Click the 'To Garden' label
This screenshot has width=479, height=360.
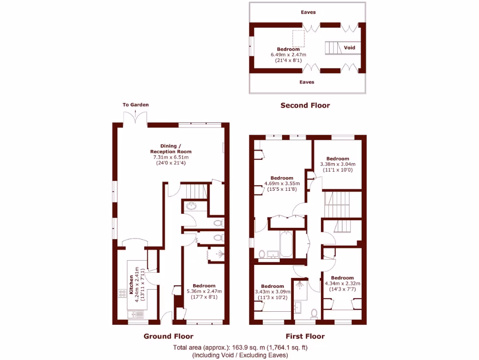click(136, 105)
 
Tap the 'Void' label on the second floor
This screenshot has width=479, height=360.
click(349, 48)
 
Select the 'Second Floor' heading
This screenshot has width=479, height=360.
click(305, 105)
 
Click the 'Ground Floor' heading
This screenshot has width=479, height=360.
click(168, 336)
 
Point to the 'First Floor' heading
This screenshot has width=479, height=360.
click(305, 336)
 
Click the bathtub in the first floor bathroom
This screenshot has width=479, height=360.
click(286, 244)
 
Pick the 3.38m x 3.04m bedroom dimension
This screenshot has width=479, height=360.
click(338, 165)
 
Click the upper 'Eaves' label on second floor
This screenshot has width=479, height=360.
click(308, 12)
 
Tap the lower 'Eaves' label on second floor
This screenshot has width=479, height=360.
click(307, 82)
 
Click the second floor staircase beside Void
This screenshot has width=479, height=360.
click(332, 48)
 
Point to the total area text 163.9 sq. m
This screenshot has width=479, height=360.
click(240, 348)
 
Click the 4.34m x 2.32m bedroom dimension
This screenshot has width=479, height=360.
click(342, 284)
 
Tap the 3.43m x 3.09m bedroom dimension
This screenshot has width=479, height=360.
click(272, 292)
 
